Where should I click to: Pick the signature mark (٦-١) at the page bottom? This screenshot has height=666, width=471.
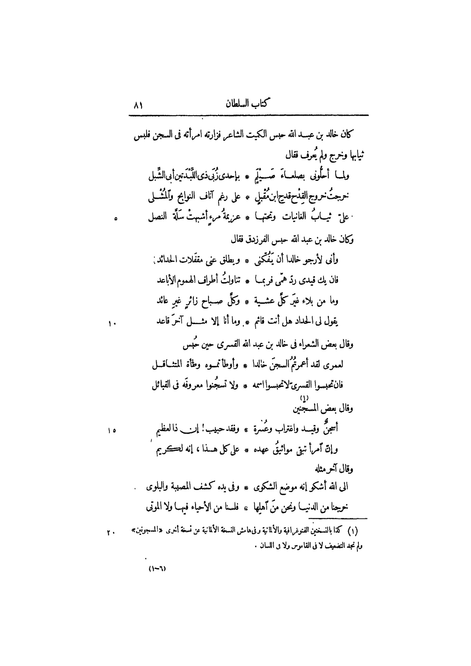click(157, 569)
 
